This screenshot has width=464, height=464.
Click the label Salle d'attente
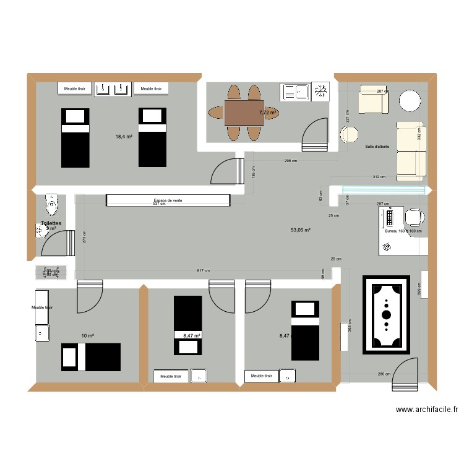click(x=377, y=147)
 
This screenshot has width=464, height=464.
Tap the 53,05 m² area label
click(x=300, y=230)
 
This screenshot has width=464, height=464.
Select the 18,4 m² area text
click(x=124, y=137)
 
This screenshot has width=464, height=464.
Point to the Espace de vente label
click(x=168, y=200)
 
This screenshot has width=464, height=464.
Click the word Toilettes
click(x=51, y=223)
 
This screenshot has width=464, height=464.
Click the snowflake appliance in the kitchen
click(x=320, y=92)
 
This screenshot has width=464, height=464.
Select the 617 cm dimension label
click(x=203, y=271)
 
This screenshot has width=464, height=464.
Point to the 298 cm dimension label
click(x=291, y=161)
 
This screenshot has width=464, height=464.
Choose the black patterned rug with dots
click(x=386, y=315)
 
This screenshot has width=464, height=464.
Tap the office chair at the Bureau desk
click(x=414, y=217)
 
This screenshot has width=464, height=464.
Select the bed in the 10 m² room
click(x=90, y=357)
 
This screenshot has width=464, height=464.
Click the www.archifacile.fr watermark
click(x=427, y=410)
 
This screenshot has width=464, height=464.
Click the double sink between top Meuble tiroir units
click(x=113, y=89)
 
